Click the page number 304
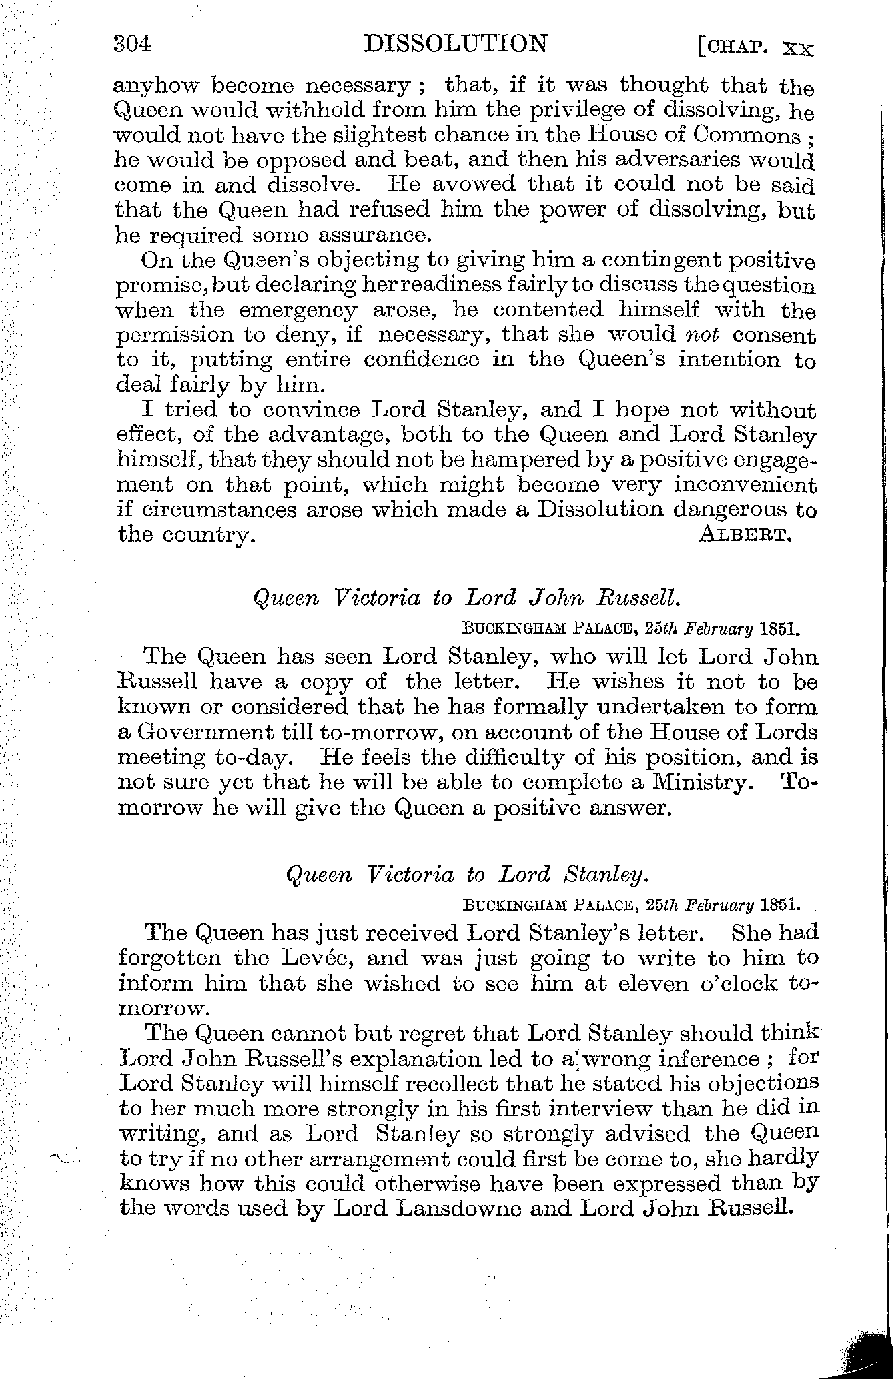pos(133,44)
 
